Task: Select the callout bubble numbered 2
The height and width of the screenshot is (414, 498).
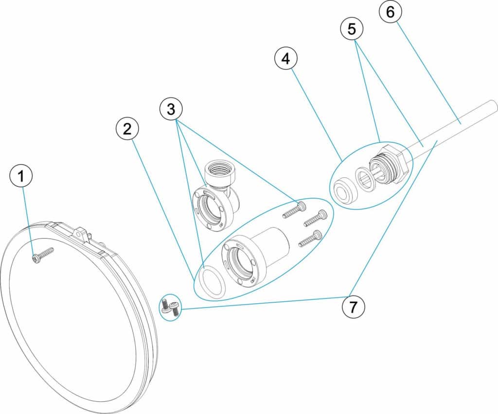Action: click(x=127, y=129)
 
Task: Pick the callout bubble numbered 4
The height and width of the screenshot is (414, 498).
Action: click(x=286, y=58)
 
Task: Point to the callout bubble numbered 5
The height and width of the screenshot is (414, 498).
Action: click(x=352, y=29)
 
